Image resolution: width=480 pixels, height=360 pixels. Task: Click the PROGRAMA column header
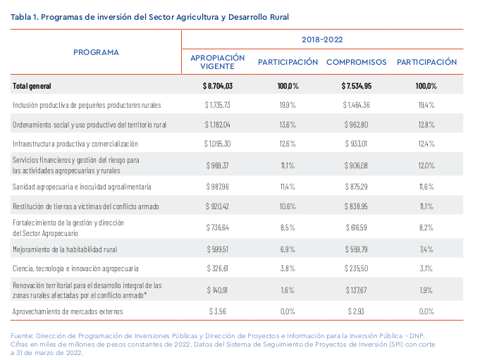point(96,52)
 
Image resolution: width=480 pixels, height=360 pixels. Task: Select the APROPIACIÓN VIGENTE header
point(217,62)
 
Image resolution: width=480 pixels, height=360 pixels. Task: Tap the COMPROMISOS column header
point(357,62)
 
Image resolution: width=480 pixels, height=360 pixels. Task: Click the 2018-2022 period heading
point(322,39)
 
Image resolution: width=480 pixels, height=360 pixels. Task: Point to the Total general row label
point(32,86)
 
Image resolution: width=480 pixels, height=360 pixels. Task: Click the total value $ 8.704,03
point(218,86)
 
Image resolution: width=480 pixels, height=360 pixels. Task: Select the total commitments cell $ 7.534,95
point(357,86)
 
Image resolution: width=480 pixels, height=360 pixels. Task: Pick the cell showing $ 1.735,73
point(217,105)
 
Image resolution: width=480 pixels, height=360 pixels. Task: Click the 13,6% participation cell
point(288,125)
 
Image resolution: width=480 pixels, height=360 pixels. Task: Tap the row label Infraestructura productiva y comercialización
point(75,144)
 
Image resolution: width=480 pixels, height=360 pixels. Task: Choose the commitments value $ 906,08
point(356,166)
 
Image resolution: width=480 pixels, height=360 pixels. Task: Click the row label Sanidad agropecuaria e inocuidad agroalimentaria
point(82,187)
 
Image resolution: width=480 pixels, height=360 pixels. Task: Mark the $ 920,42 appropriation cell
point(217,206)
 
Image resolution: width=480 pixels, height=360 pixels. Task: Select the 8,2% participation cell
point(426,228)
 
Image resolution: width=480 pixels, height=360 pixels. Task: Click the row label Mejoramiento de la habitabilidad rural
point(65,249)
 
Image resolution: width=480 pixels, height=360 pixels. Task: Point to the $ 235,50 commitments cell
point(356,268)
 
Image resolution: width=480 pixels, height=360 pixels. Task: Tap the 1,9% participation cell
point(426,290)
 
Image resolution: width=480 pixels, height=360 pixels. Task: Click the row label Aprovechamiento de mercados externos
point(68,311)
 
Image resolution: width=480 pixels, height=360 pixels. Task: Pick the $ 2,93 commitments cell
point(356,311)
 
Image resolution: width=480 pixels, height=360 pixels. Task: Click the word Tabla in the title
point(21,17)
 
